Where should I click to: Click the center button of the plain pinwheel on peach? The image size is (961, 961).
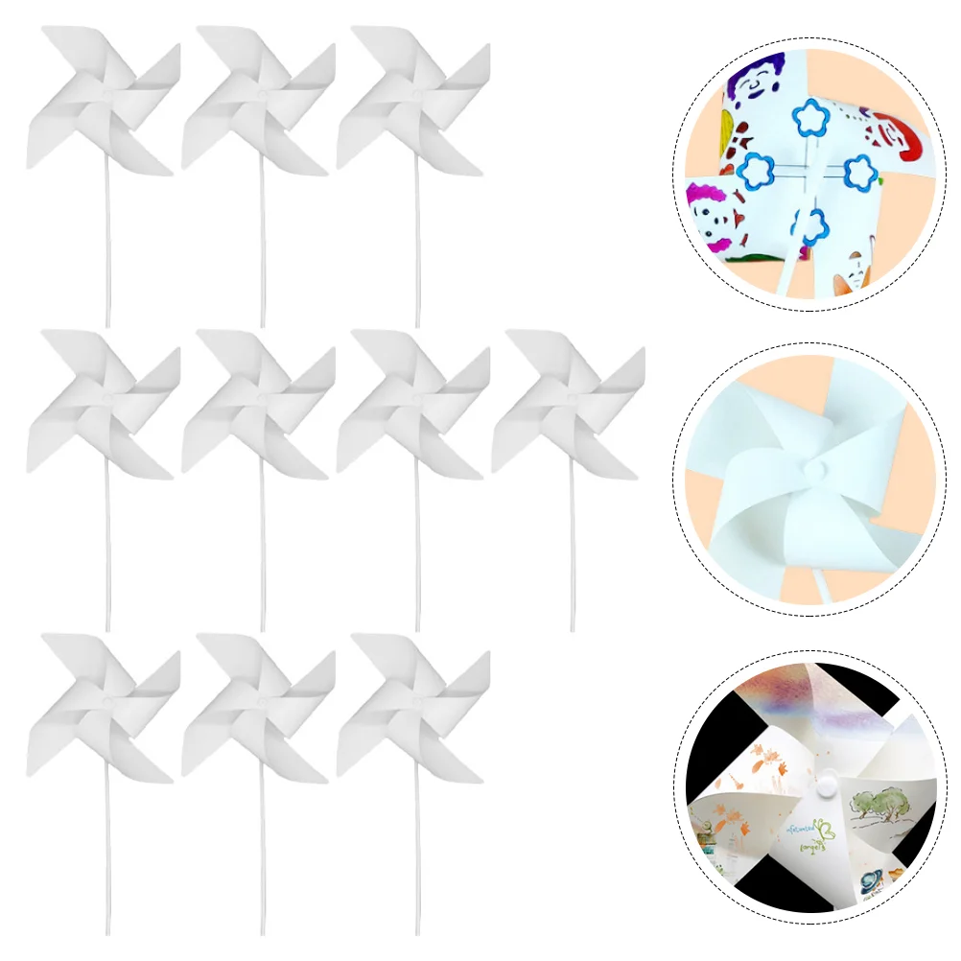(816, 470)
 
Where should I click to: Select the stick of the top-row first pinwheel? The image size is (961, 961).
(107, 249)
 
